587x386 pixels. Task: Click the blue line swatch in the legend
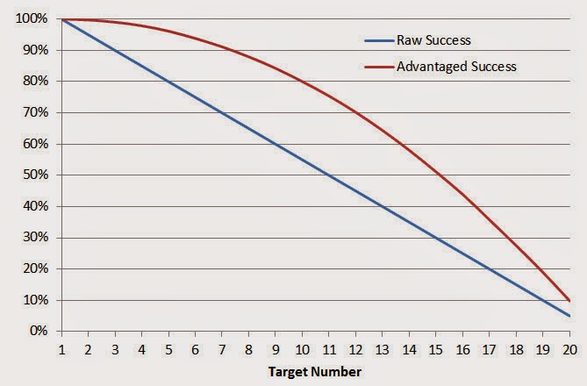point(379,39)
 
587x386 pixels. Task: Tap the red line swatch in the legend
point(379,66)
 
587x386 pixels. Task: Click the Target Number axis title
point(315,372)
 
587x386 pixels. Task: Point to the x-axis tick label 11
point(329,347)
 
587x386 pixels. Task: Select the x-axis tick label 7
point(221,347)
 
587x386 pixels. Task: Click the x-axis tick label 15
point(436,347)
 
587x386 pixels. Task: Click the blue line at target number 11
point(329,175)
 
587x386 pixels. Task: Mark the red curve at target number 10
point(302,82)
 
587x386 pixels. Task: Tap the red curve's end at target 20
point(570,301)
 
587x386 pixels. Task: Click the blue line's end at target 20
point(570,316)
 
